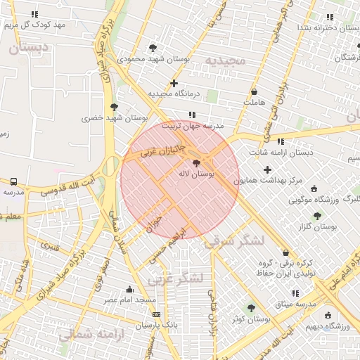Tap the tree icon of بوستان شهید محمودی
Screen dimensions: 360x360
click(x=153, y=49)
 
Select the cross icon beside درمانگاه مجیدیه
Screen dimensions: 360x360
click(x=174, y=83)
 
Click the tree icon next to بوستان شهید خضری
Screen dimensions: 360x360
click(x=114, y=108)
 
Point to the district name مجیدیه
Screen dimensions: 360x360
click(x=226, y=60)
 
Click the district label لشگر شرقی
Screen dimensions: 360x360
click(x=235, y=241)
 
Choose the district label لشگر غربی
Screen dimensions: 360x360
click(x=175, y=278)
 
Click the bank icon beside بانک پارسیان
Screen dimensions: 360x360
click(x=155, y=315)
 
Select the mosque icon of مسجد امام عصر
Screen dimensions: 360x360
click(x=129, y=289)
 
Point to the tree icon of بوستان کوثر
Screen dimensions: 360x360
click(x=251, y=308)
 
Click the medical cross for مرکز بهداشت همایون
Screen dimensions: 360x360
click(x=267, y=169)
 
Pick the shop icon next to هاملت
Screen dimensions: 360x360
click(x=254, y=91)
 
